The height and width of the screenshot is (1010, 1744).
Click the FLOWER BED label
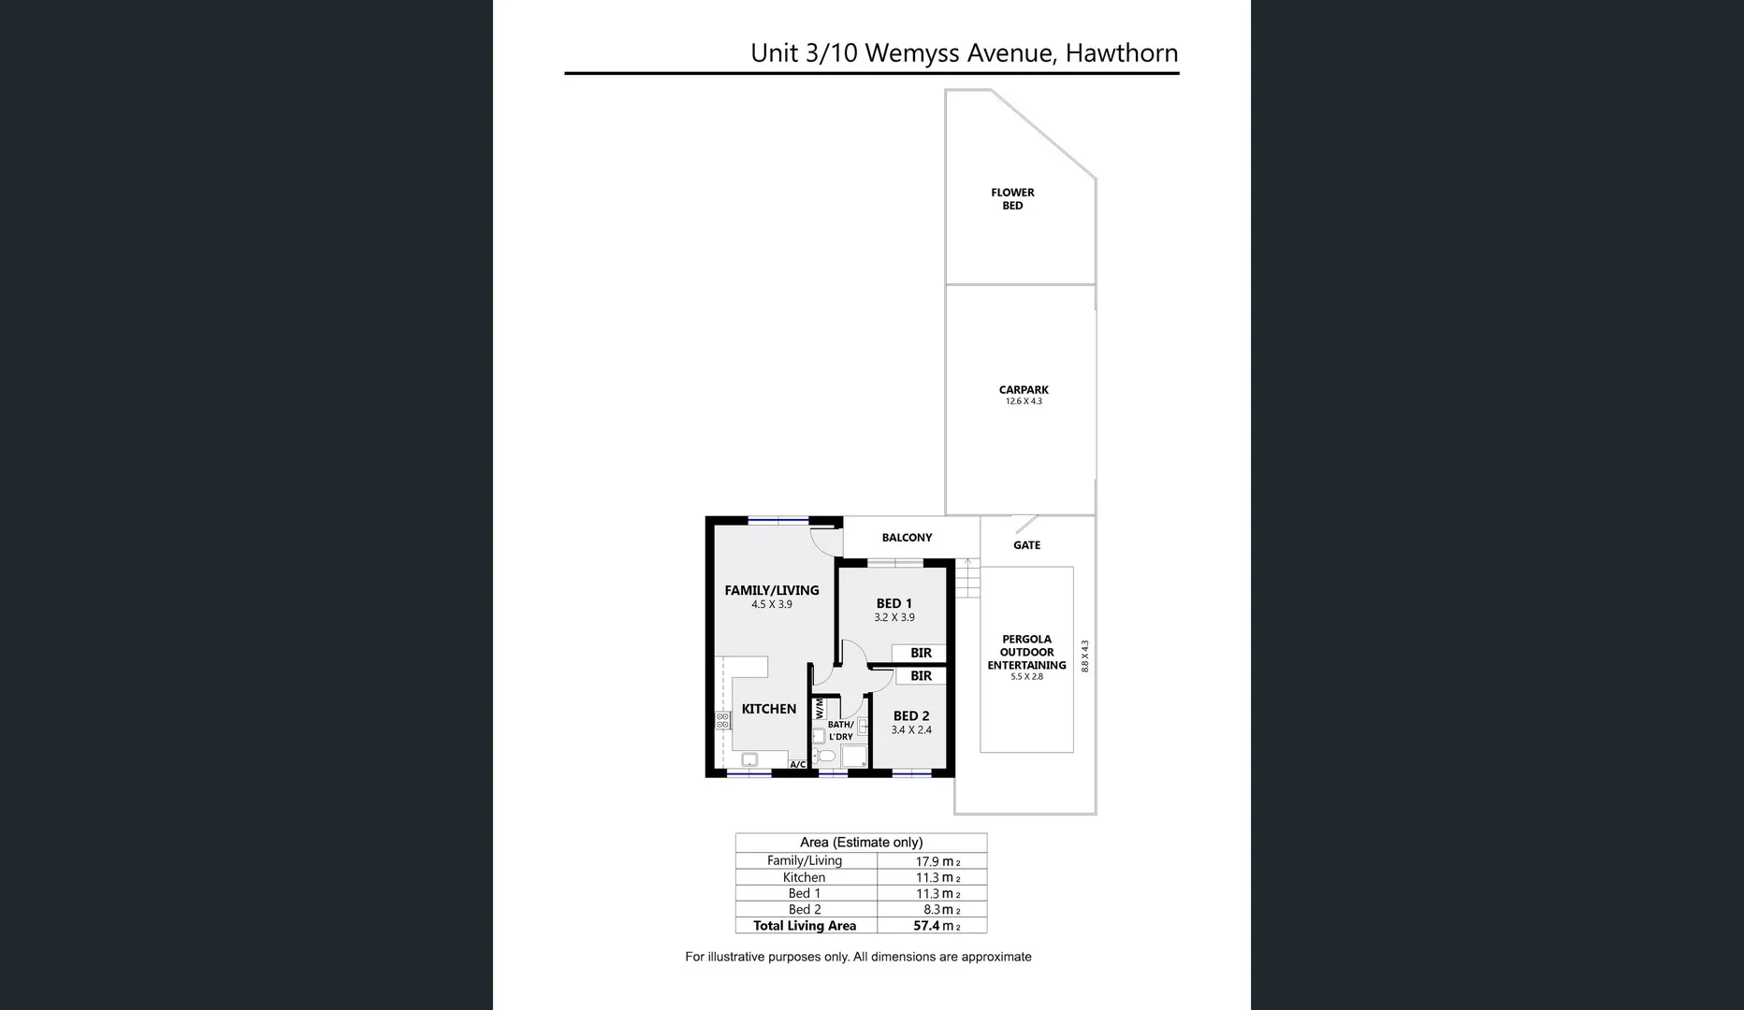(x=1012, y=199)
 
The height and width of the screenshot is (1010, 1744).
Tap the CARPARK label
(x=1024, y=390)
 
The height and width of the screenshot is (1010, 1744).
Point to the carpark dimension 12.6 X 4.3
(x=1024, y=401)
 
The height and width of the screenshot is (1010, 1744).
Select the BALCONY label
(x=907, y=538)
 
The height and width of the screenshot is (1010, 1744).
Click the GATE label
(x=1026, y=545)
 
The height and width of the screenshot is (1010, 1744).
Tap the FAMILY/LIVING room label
(x=771, y=590)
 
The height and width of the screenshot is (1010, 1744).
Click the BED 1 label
(x=894, y=604)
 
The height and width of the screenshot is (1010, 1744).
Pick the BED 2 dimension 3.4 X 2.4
(x=910, y=730)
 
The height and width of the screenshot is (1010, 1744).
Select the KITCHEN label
(x=768, y=709)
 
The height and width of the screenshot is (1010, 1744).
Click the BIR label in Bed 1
(x=921, y=653)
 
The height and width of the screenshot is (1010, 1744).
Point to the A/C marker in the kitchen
(x=797, y=764)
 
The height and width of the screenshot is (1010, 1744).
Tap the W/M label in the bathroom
(x=820, y=708)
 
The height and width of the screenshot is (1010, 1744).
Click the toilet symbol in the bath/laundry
(x=824, y=756)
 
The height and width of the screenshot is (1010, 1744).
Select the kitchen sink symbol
(x=749, y=759)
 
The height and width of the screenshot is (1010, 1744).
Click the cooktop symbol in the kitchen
(x=722, y=720)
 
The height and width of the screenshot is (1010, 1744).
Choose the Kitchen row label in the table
(x=804, y=877)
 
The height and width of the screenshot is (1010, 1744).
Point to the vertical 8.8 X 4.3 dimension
(x=1085, y=656)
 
